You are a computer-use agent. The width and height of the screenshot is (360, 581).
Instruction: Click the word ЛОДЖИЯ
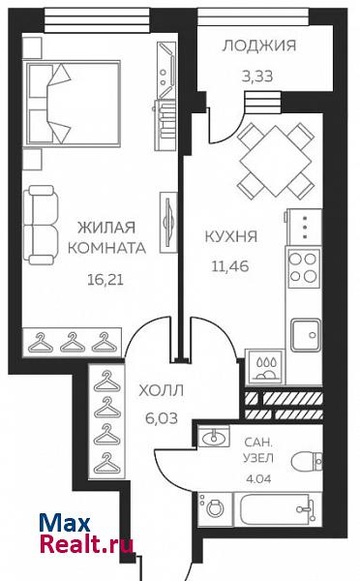point(259,46)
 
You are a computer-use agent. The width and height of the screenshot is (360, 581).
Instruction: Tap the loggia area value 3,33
point(257,76)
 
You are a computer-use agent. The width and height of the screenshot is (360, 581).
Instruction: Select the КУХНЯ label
point(231,236)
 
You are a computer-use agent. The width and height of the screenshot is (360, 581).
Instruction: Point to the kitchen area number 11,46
point(230,266)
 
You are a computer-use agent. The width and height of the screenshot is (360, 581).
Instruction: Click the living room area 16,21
point(105,280)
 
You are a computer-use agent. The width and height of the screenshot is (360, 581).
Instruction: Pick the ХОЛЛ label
point(161,390)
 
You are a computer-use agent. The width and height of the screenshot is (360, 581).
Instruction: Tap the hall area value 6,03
point(162,418)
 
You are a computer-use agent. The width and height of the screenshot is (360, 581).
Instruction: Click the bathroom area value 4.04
point(258,478)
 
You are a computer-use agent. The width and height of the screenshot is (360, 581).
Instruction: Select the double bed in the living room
point(73,104)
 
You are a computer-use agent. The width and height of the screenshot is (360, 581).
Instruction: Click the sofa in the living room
point(41,225)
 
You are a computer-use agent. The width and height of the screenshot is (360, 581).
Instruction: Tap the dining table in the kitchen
point(276,161)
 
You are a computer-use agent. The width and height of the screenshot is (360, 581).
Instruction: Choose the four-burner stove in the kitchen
point(304,268)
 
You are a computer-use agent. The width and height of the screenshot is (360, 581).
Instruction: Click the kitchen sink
point(306,335)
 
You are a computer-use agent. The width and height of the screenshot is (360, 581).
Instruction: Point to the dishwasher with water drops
point(265,366)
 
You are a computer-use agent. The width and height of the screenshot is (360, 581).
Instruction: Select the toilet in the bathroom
point(307,461)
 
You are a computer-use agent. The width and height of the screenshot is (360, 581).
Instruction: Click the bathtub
point(277,509)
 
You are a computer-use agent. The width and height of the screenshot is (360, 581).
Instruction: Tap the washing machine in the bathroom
point(215,508)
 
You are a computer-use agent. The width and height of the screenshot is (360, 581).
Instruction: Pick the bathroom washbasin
point(213,436)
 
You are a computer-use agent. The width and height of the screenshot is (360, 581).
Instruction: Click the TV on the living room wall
point(168,223)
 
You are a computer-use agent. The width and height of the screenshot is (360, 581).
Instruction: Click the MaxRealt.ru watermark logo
point(86,534)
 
